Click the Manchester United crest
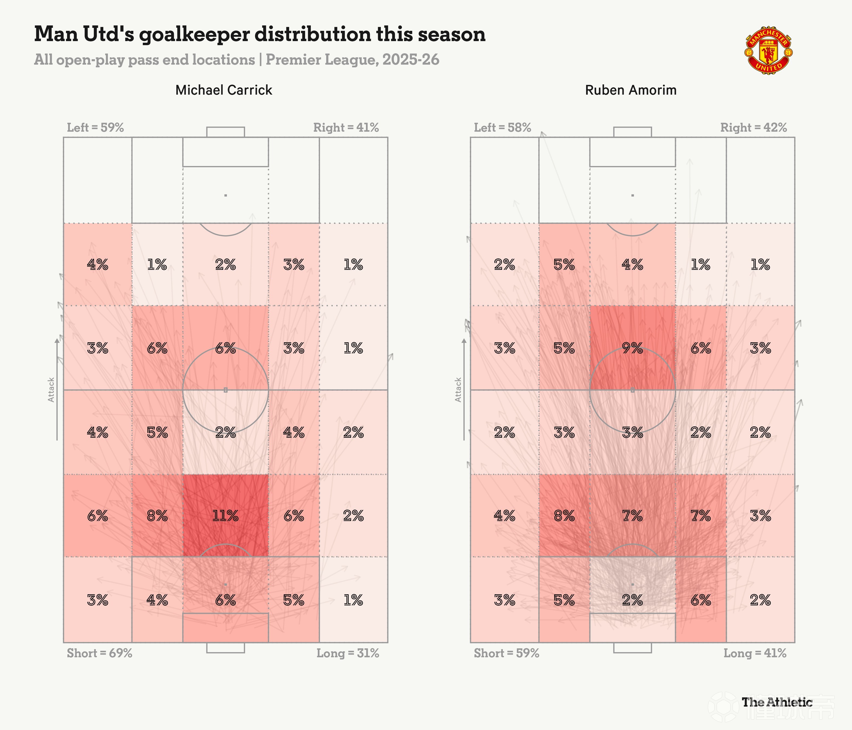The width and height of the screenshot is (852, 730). click(x=768, y=50)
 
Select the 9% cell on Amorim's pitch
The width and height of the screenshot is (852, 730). click(x=632, y=348)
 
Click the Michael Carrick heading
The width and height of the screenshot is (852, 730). click(x=224, y=90)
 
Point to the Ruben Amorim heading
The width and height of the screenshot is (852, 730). click(x=631, y=90)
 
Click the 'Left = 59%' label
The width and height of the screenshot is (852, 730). click(x=95, y=127)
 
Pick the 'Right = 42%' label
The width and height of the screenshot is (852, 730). click(x=753, y=127)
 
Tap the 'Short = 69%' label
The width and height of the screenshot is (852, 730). click(x=100, y=653)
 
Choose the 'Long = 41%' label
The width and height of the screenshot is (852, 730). click(x=755, y=653)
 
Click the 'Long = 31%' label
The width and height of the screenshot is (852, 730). click(x=348, y=653)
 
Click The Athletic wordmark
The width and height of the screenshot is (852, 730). click(x=777, y=702)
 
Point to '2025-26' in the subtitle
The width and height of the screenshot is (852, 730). click(x=411, y=59)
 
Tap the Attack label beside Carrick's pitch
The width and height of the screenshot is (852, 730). click(x=51, y=390)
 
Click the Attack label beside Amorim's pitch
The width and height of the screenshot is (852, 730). click(x=458, y=390)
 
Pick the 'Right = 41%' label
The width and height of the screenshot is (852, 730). click(x=346, y=127)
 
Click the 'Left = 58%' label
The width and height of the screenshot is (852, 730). click(x=503, y=127)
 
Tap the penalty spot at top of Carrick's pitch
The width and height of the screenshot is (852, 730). click(x=225, y=195)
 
